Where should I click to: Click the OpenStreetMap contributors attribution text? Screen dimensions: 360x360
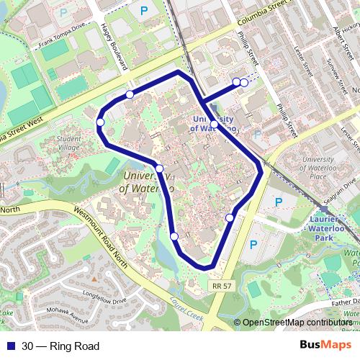coord(297,323)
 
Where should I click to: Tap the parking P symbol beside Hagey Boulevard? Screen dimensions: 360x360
coord(144,11)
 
